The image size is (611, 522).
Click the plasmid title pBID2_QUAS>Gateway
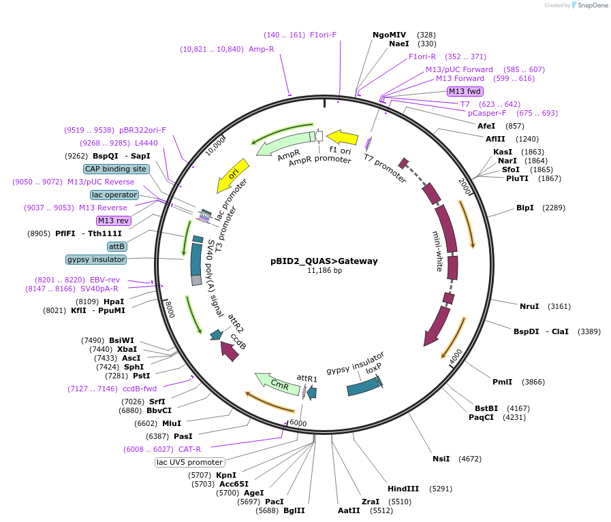point(324,261)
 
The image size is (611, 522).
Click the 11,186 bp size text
point(324,270)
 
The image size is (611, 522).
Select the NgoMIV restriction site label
point(389,35)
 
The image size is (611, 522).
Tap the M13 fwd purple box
point(465,91)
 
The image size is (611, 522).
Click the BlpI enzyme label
point(524,208)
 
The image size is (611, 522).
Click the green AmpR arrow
point(286,143)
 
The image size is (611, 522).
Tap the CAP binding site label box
point(116,169)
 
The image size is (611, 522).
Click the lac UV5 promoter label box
point(189,462)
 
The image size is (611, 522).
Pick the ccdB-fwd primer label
point(140,389)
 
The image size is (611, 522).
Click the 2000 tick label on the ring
point(465,186)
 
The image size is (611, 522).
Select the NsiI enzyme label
point(441,459)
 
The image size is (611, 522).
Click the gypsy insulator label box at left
point(96,259)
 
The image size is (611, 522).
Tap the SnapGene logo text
point(589,5)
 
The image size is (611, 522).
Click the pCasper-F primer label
point(487,113)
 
